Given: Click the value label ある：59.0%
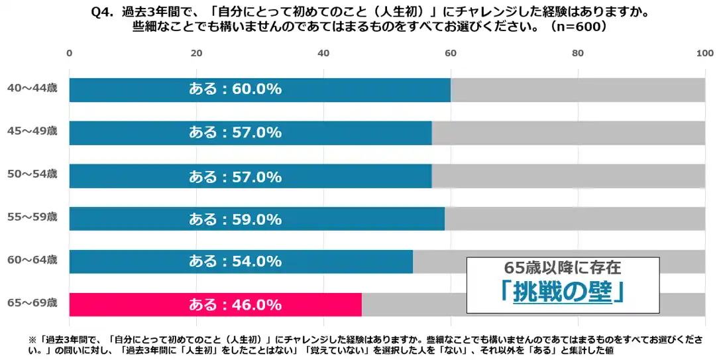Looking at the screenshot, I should coord(235,219).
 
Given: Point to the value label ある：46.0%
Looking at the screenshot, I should coord(235,305).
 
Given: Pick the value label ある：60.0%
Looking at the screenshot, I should coord(235,90).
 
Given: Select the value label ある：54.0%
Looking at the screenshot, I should coord(235,262).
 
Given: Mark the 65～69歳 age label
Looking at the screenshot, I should coord(32,303).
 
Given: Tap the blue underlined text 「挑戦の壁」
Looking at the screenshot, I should coord(563,292).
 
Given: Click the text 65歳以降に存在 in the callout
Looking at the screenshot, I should coord(563,269).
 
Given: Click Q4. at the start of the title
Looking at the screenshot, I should coord(99,12).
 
